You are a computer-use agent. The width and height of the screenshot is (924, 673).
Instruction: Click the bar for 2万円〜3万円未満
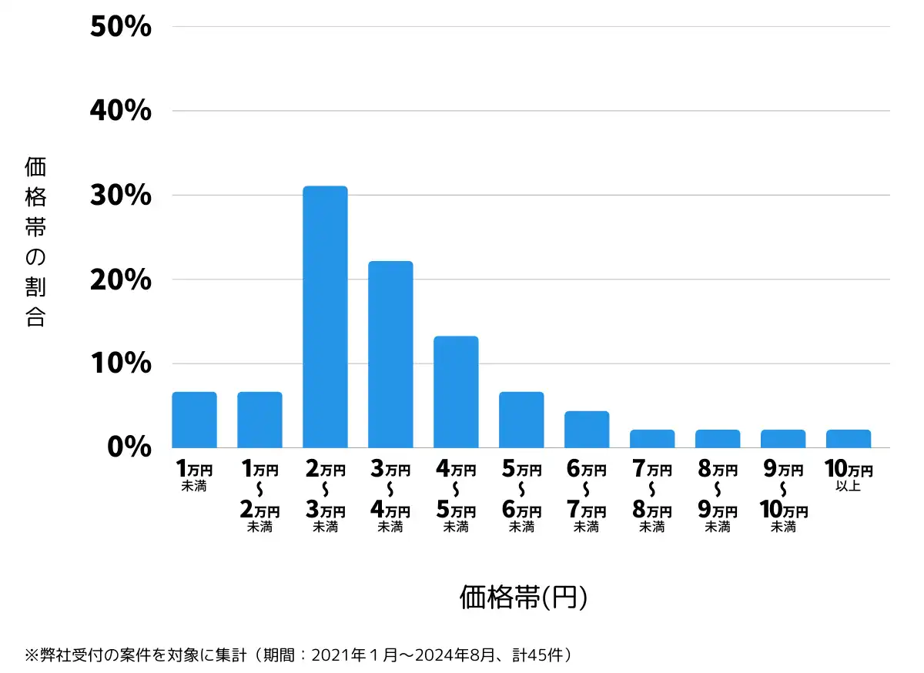(325, 316)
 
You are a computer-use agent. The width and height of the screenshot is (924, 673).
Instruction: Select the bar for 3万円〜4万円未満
(390, 354)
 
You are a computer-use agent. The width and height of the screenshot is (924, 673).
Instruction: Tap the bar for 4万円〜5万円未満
(456, 392)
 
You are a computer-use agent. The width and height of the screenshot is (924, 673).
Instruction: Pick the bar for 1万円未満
(194, 420)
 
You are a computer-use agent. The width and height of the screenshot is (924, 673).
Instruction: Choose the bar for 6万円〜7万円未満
(587, 430)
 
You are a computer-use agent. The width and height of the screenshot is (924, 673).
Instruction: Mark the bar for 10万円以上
(849, 439)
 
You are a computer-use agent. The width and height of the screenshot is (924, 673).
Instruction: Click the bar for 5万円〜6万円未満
(521, 420)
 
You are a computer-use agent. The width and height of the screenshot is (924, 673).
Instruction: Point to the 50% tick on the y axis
(120, 27)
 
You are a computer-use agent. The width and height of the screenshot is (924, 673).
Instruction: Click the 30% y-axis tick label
(120, 196)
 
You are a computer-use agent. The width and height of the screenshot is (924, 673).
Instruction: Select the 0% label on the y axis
(129, 447)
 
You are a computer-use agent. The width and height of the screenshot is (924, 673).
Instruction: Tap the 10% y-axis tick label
(120, 363)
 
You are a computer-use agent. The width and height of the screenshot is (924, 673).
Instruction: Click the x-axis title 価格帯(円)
(524, 598)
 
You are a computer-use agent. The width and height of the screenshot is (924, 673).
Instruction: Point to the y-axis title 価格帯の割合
(35, 243)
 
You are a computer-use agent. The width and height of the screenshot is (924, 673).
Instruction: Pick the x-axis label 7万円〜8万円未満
(652, 498)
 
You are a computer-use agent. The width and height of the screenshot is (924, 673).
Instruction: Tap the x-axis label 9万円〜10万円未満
(783, 498)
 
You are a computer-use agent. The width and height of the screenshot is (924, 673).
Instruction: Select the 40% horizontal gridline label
(120, 111)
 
